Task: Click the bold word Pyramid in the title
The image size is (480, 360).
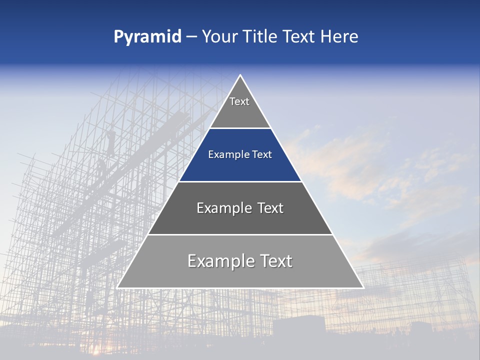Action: coord(147,36)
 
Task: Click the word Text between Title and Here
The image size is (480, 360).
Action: coord(299,36)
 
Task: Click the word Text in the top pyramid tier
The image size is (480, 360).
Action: coord(239,101)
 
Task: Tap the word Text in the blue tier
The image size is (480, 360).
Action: coord(262,155)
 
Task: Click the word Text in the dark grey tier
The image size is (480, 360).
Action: coord(270,208)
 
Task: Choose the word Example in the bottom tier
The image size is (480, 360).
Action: coord(220,261)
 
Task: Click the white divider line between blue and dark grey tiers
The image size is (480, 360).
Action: coord(240,181)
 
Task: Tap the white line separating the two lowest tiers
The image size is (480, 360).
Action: coord(240,234)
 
